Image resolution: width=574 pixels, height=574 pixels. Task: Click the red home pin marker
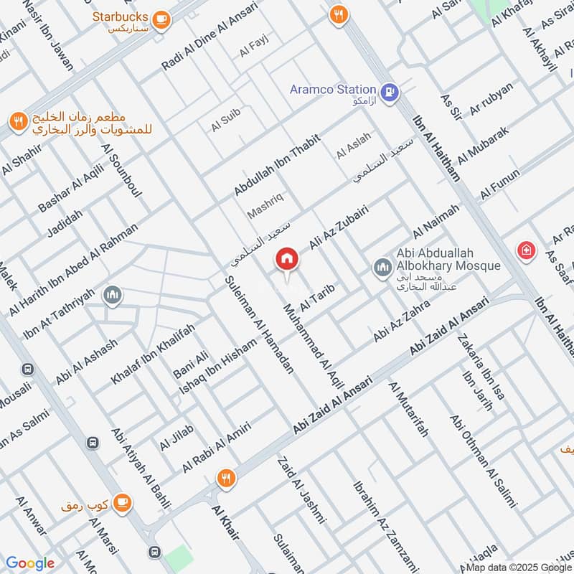coord(287,259)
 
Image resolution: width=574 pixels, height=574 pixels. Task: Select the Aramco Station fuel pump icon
coord(390,91)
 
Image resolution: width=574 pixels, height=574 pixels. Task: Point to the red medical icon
coord(526,249)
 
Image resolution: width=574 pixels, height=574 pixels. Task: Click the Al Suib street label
coord(225,119)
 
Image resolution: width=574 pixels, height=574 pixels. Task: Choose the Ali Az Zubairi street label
coord(338,226)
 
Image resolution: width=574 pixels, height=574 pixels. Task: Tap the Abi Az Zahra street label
coord(401,320)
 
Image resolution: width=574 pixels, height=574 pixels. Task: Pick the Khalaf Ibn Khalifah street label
coord(153,354)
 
